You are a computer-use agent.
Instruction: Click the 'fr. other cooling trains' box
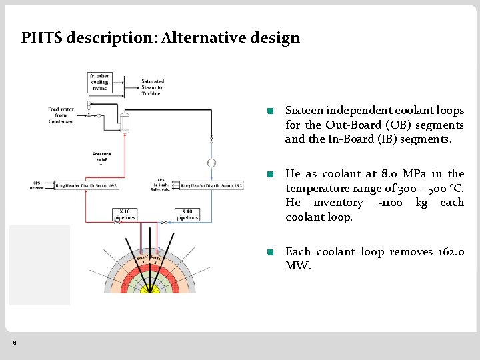pyautogui.click(x=99, y=82)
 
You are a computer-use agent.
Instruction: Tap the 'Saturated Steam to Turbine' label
pyautogui.click(x=152, y=87)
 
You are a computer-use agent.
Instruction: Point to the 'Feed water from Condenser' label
pyautogui.click(x=60, y=115)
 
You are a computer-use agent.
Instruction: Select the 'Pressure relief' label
pyautogui.click(x=101, y=157)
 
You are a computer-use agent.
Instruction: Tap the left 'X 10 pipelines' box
pyautogui.click(x=125, y=215)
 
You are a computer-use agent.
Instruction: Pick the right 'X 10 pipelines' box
pyautogui.click(x=187, y=215)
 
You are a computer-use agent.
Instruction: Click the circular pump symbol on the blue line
pyautogui.click(x=211, y=163)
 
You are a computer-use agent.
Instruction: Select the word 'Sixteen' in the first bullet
pyautogui.click(x=307, y=111)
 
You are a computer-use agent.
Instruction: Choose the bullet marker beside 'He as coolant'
pyautogui.click(x=270, y=175)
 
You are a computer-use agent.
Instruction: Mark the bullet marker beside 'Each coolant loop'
pyautogui.click(x=270, y=253)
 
